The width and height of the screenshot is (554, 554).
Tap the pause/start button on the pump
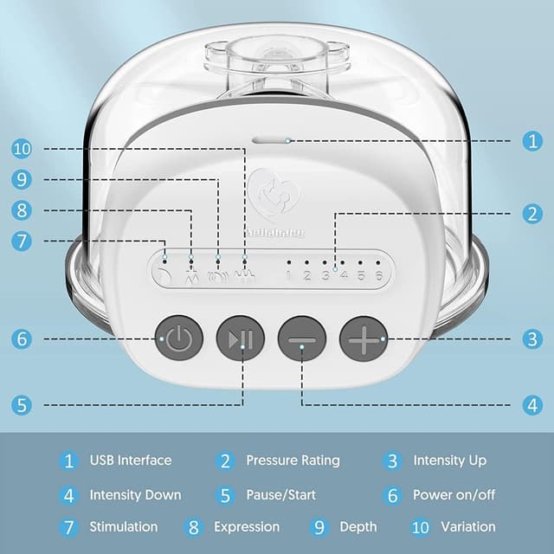tap(241, 338)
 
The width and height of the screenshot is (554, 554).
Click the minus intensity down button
tap(302, 338)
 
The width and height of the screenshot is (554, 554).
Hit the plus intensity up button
tap(364, 338)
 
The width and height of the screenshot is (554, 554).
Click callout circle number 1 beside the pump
tap(532, 141)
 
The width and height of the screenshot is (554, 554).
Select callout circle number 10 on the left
tap(22, 149)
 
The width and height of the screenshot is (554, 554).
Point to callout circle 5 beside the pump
tap(22, 405)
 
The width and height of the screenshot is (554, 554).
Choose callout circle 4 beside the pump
tap(532, 405)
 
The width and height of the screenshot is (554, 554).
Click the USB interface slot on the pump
tap(270, 140)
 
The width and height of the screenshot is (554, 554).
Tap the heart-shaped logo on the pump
tap(274, 196)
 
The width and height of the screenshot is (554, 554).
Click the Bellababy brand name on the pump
tap(274, 233)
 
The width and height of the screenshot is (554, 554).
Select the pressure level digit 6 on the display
tap(378, 275)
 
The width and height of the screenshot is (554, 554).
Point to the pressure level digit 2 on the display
tap(307, 275)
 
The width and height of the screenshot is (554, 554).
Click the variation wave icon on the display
tap(245, 276)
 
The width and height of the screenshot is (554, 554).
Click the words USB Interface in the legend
tap(131, 461)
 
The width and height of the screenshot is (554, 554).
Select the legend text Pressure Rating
tap(293, 461)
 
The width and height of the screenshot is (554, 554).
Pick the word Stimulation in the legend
tap(124, 527)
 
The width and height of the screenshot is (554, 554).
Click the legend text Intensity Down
tap(135, 495)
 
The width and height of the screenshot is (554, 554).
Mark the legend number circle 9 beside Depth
tap(319, 527)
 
